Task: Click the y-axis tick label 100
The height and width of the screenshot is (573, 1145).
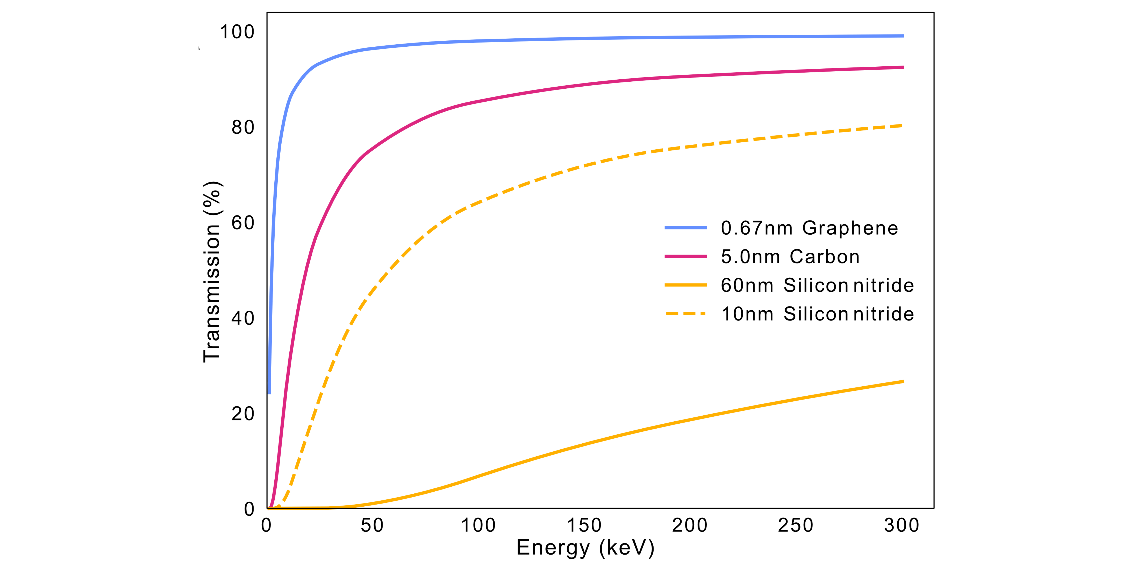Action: [x=237, y=32]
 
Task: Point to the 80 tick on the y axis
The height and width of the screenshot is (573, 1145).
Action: [x=243, y=128]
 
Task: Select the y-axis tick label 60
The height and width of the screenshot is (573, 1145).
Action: [x=243, y=223]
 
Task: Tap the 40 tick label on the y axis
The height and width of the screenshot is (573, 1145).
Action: [x=243, y=319]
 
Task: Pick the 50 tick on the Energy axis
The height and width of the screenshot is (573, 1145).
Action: [x=372, y=525]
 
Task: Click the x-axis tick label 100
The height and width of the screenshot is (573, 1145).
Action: [x=478, y=525]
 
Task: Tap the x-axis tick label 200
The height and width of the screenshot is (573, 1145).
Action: [x=689, y=525]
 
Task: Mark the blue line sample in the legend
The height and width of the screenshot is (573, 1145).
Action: [x=685, y=228]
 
